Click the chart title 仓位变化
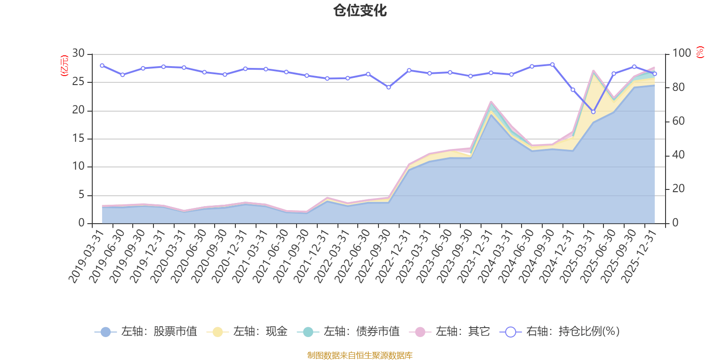pyautogui.click(x=360, y=10)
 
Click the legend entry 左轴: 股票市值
pyautogui.click(x=146, y=332)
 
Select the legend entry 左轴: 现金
pyautogui.click(x=247, y=332)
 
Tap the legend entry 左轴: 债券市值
pyautogui.click(x=348, y=332)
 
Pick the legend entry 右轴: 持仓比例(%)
pyautogui.click(x=560, y=332)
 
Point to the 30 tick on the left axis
pyautogui.click(x=79, y=53)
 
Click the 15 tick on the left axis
pyautogui.click(x=79, y=138)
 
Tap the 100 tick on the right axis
pyautogui.click(x=681, y=53)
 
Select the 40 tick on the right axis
pyautogui.click(x=678, y=155)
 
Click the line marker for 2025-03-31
pyautogui.click(x=593, y=112)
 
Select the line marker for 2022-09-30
pyautogui.click(x=388, y=87)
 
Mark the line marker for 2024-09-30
pyautogui.click(x=552, y=64)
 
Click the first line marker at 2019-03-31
pyautogui.click(x=102, y=65)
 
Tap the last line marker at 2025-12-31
pyautogui.click(x=655, y=74)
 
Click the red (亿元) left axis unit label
pyautogui.click(x=64, y=66)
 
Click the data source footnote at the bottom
pyautogui.click(x=360, y=355)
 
